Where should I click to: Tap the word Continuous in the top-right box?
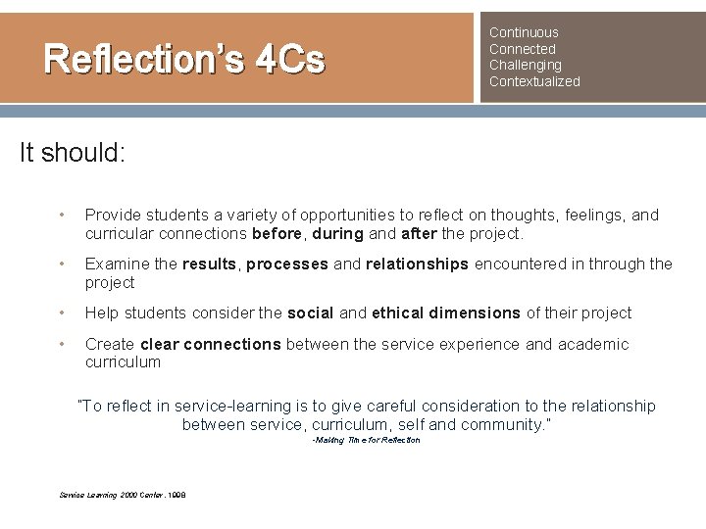point(524,32)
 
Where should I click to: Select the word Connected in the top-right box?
point(523,49)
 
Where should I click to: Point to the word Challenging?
point(526,65)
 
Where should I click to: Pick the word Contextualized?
point(534,81)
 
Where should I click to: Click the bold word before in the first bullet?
point(277,234)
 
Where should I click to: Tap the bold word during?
point(338,234)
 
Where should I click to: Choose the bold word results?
point(209,264)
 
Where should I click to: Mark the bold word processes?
point(288,264)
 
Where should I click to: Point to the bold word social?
point(311,313)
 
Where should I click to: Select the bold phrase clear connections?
point(209,344)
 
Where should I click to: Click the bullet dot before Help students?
point(62,313)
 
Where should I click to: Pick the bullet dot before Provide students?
point(62,215)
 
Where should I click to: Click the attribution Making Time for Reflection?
point(366,440)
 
